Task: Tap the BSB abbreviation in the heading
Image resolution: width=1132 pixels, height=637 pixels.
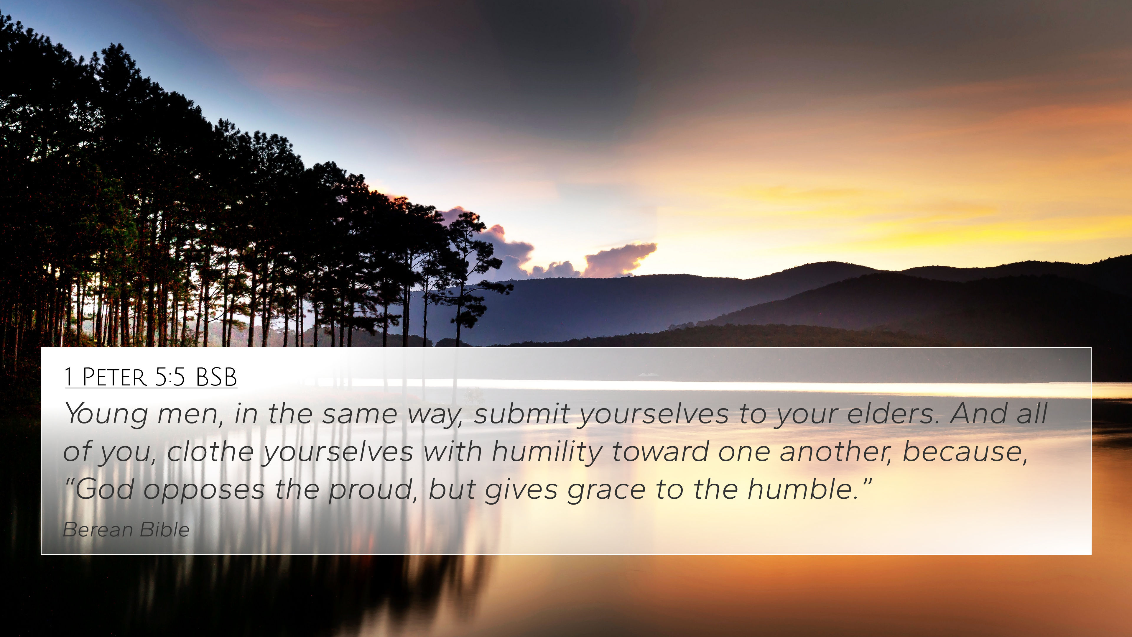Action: [x=216, y=377]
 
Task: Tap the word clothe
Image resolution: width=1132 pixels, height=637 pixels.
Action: [x=210, y=452]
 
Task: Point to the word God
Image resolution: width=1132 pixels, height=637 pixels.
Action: [x=105, y=489]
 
